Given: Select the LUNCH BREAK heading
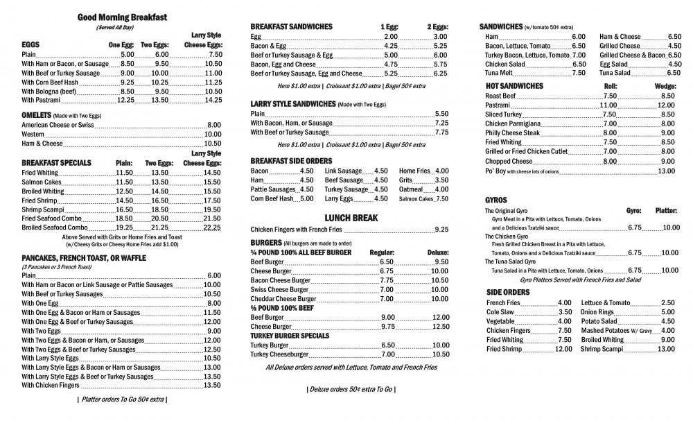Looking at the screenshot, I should tap(351, 217).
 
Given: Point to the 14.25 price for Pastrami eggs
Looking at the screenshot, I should tap(213, 100).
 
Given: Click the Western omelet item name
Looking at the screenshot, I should tap(33, 135).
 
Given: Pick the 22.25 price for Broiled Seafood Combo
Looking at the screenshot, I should tap(212, 227).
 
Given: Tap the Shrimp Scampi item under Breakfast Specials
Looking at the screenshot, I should tap(43, 209).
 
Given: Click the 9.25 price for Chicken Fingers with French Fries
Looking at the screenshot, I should tap(441, 230).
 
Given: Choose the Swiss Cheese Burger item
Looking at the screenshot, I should tap(279, 289).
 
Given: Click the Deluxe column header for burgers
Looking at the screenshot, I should tap(437, 252).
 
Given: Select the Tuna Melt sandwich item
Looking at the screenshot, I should tap(499, 73).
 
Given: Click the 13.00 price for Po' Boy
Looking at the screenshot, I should tap(666, 171).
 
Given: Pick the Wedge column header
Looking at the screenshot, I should tap(665, 86).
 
